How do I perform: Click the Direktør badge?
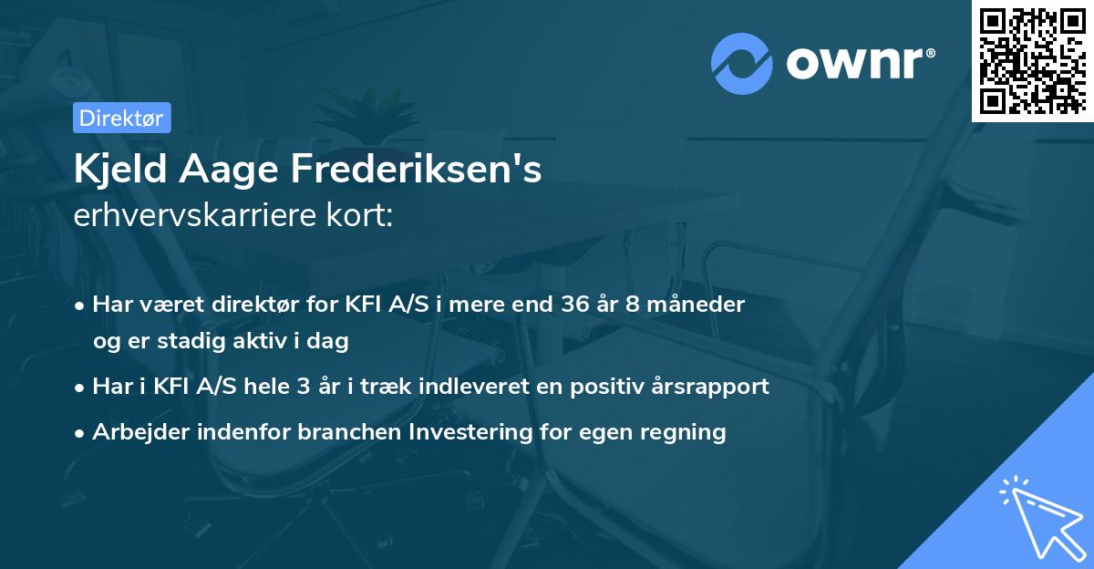[121, 118]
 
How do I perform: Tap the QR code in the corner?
[1032, 60]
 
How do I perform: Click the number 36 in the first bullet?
[566, 305]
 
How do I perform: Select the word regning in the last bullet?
[687, 432]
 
